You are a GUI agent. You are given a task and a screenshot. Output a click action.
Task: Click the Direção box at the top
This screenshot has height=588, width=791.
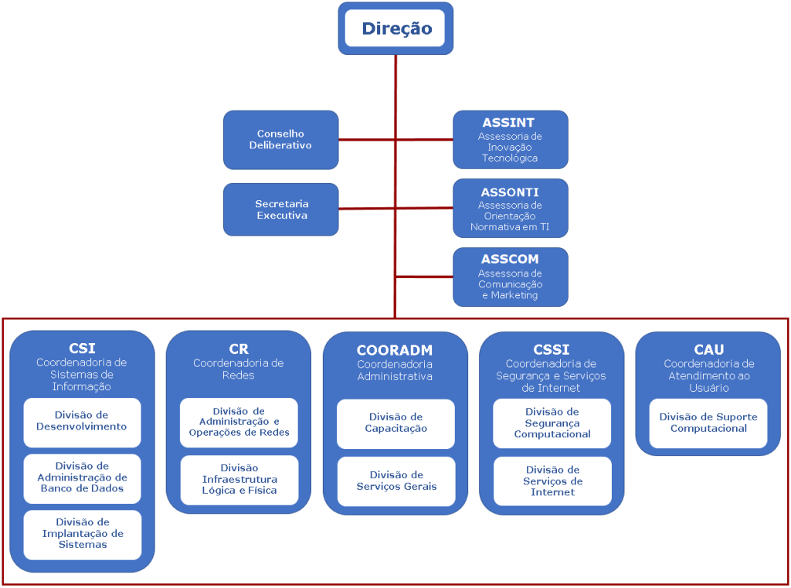point(395,29)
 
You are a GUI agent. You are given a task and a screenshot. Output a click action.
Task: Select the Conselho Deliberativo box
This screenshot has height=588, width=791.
point(280,140)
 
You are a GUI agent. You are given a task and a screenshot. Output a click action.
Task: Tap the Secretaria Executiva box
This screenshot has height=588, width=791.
point(280,209)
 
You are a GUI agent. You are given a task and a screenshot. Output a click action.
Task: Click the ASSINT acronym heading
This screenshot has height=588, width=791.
point(508,122)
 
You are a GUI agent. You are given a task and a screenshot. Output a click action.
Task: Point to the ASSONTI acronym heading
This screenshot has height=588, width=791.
point(510,192)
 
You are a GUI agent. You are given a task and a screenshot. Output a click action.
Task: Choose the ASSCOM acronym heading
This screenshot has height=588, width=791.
point(510,260)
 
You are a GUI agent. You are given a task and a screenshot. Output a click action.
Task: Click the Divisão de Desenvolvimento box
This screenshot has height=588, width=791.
point(82,422)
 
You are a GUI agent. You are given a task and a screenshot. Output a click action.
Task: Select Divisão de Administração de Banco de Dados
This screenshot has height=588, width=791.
point(82,478)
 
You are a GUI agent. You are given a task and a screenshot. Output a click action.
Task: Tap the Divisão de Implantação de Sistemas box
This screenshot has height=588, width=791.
point(82,534)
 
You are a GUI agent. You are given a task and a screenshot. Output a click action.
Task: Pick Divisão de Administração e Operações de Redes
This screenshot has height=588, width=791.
point(239,422)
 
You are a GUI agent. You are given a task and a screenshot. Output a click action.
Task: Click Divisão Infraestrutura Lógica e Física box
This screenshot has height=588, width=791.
point(239,479)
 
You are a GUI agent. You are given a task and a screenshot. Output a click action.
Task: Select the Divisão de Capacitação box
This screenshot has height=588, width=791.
point(395,423)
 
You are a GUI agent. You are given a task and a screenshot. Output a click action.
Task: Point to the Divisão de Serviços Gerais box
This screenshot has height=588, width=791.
point(395,481)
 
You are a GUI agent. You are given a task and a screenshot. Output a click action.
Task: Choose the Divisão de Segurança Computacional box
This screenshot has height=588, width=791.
point(552,423)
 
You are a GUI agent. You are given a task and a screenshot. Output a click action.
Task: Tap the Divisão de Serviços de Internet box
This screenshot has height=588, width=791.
point(552,481)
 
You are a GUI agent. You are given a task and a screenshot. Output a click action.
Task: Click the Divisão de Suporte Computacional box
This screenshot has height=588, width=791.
point(708,423)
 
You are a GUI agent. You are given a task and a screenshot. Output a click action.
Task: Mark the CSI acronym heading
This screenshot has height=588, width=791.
point(82,348)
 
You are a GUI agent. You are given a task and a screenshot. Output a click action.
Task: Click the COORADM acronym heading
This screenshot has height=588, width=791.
point(395,351)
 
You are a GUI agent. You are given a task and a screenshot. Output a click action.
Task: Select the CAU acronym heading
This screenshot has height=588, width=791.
point(708,350)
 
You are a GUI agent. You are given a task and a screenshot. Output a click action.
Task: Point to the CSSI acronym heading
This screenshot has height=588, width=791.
point(552,350)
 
